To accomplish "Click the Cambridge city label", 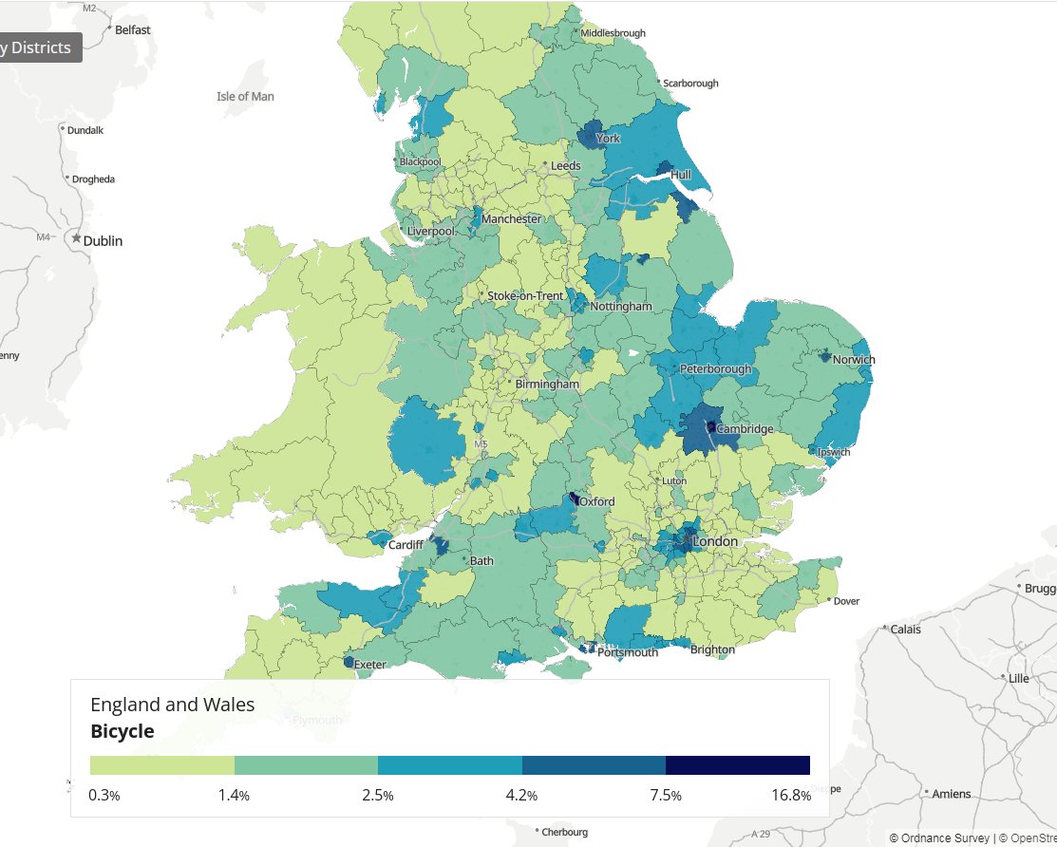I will click(745, 429).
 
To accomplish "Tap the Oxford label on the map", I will click(597, 501).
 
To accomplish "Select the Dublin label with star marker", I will click(103, 241).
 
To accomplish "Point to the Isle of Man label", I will click(245, 97).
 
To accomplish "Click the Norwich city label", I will click(853, 360).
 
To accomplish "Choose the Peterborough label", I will click(715, 369).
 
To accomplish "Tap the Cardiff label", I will click(406, 545).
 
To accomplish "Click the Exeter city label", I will click(369, 665).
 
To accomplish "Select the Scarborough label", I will click(690, 84).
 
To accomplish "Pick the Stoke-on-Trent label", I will click(525, 296).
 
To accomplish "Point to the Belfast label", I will click(133, 30).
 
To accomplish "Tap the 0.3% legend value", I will click(104, 796).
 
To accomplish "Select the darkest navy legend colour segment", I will click(737, 765).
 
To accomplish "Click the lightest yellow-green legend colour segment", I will click(161, 765).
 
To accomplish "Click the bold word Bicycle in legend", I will click(122, 731).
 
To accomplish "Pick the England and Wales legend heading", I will click(172, 705).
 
